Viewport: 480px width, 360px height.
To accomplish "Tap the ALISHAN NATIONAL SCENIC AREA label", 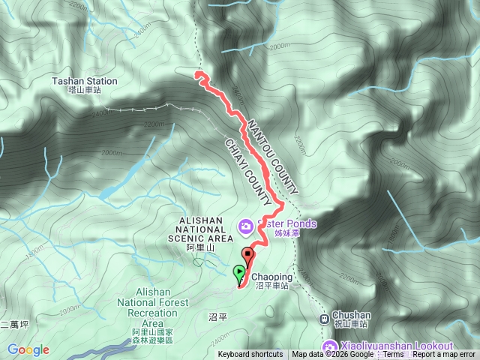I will click(200, 229).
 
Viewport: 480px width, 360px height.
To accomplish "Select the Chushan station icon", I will click(324, 318).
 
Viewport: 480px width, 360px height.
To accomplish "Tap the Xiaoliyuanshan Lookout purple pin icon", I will click(330, 346).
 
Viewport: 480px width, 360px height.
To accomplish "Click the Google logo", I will click(28, 349).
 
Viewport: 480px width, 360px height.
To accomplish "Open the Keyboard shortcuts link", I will click(250, 355).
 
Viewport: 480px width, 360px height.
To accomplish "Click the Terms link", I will click(393, 355).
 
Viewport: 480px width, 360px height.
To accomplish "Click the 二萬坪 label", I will click(14, 325).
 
